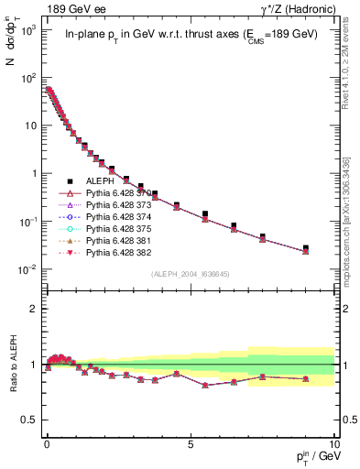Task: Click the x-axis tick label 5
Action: [190, 442]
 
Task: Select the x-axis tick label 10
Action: [333, 442]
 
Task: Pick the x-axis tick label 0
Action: [46, 442]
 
